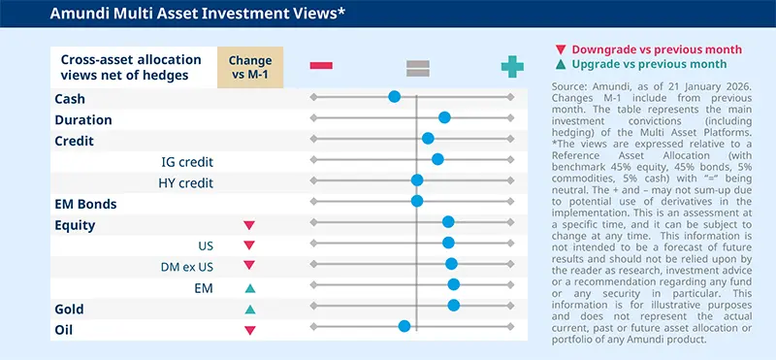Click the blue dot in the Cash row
pyautogui.click(x=394, y=96)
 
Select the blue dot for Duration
pyautogui.click(x=444, y=117)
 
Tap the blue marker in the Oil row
pyautogui.click(x=404, y=326)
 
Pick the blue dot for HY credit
pyautogui.click(x=417, y=180)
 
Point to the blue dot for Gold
pyautogui.click(x=453, y=305)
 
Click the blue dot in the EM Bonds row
pyautogui.click(x=417, y=201)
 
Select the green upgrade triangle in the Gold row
pyautogui.click(x=249, y=310)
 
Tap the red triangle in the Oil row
pyautogui.click(x=249, y=331)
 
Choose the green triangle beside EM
pyautogui.click(x=249, y=288)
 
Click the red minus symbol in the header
pyautogui.click(x=321, y=66)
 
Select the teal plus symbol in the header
pyautogui.click(x=511, y=66)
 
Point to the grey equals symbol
pyautogui.click(x=417, y=67)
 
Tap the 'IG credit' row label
pyautogui.click(x=187, y=161)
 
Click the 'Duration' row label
pyautogui.click(x=83, y=119)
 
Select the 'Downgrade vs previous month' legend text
pyautogui.click(x=656, y=49)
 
